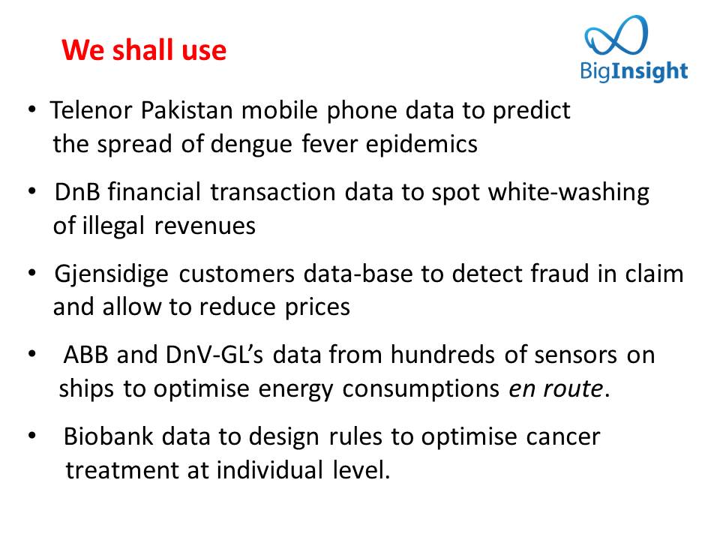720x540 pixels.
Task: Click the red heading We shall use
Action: (x=144, y=49)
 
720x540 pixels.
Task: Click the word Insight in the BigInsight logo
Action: (x=649, y=72)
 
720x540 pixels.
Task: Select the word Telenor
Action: (x=91, y=110)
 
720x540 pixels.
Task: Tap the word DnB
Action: (x=77, y=192)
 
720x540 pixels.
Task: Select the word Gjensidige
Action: (x=112, y=275)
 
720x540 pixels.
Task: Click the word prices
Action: (x=317, y=308)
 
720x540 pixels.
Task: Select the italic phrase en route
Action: (x=556, y=389)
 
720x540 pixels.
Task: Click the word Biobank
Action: (x=108, y=436)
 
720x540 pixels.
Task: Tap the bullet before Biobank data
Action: (x=31, y=435)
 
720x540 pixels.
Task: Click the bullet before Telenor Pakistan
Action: (x=31, y=109)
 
